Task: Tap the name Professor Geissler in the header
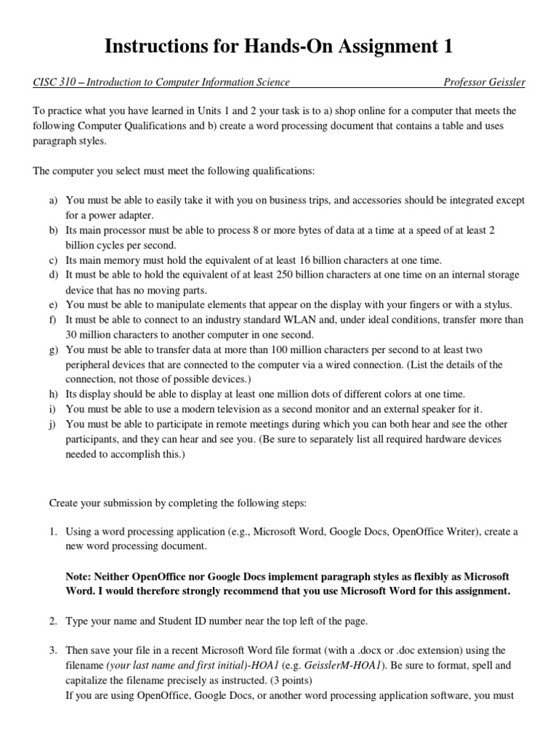tap(484, 83)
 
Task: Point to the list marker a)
tap(54, 200)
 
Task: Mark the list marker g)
tap(54, 350)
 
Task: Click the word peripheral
tap(90, 365)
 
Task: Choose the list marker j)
tap(54, 424)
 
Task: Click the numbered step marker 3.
tap(53, 650)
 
